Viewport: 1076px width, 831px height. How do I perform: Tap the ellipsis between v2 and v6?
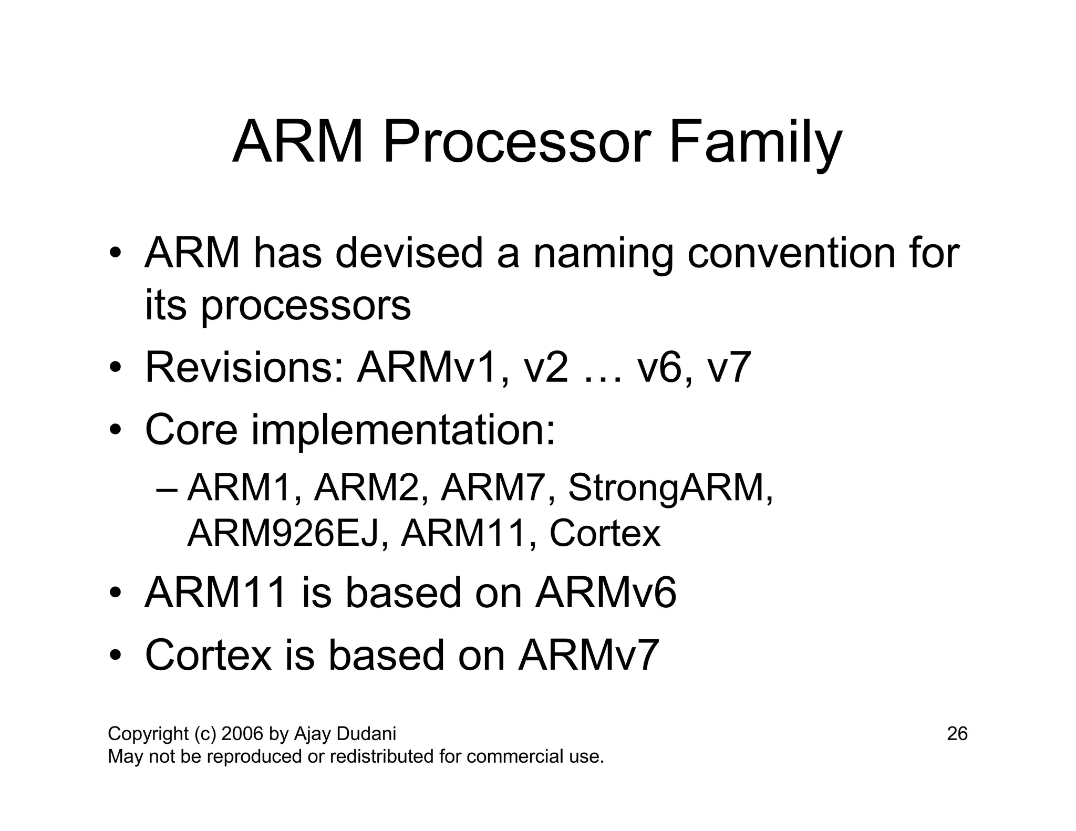point(603,376)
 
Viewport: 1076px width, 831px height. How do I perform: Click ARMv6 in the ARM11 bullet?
point(606,593)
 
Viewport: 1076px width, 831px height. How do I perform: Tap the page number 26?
point(957,734)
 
